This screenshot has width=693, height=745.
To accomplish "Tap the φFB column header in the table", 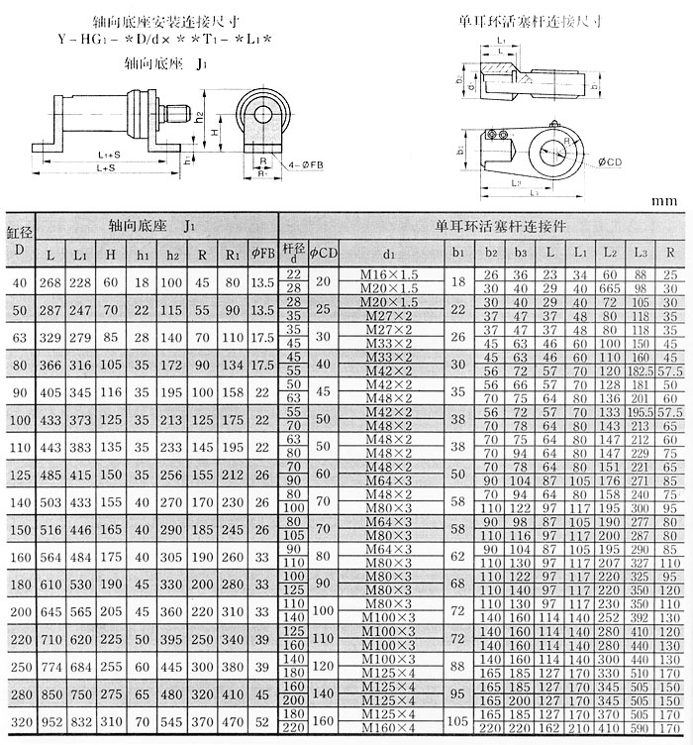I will point(262,253).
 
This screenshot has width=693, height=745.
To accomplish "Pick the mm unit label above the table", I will point(664,201).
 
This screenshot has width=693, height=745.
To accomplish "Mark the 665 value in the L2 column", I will point(610,286).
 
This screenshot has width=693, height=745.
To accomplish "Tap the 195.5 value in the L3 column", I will point(642,411).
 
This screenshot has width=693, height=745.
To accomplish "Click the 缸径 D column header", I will point(19,240).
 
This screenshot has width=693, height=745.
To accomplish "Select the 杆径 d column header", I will point(291,253).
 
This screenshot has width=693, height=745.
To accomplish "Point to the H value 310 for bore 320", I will point(112,723).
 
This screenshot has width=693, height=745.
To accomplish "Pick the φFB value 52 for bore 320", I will point(262,723).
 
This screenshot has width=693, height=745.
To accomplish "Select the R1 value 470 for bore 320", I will point(233,723).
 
